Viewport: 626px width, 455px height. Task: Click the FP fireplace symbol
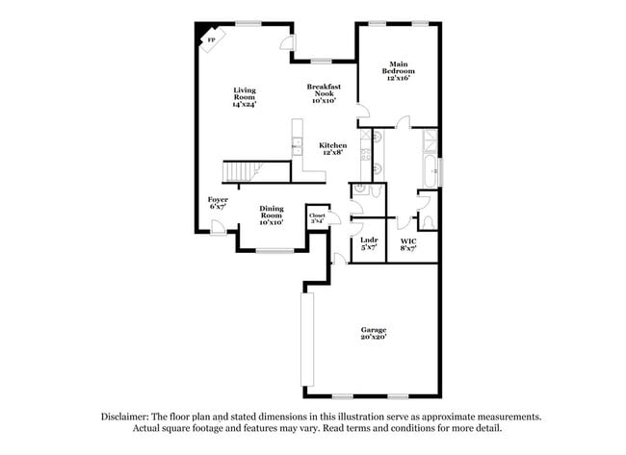pyautogui.click(x=211, y=39)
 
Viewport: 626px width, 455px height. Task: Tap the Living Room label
pyautogui.click(x=245, y=97)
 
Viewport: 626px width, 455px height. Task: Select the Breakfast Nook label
pyautogui.click(x=324, y=92)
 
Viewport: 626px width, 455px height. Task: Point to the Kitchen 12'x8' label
pyautogui.click(x=332, y=148)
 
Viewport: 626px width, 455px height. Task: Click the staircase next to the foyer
pyautogui.click(x=243, y=172)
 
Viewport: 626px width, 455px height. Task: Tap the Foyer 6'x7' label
pyautogui.click(x=219, y=202)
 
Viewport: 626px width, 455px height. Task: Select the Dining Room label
pyautogui.click(x=271, y=215)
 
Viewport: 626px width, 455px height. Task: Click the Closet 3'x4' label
pyautogui.click(x=317, y=218)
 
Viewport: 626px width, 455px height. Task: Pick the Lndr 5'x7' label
pyautogui.click(x=368, y=243)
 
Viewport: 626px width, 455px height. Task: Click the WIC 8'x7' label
pyautogui.click(x=408, y=243)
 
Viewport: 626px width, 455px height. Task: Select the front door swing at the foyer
pyautogui.click(x=220, y=227)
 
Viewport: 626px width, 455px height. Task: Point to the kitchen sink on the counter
pyautogui.click(x=297, y=148)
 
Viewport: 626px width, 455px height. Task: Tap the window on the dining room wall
pyautogui.click(x=274, y=251)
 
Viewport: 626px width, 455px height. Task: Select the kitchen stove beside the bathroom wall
pyautogui.click(x=365, y=148)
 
